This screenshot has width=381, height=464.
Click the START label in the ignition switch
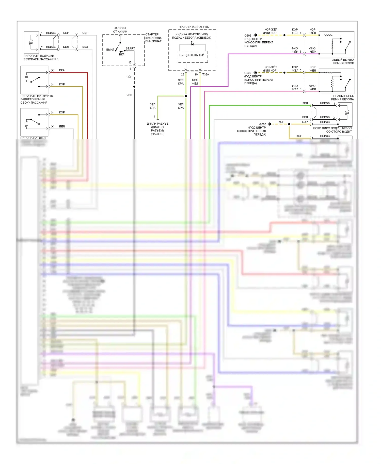pyautogui.click(x=130, y=48)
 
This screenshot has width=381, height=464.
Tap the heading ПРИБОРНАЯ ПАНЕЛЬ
pyautogui.click(x=194, y=27)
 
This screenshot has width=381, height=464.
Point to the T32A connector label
pyautogui.click(x=205, y=75)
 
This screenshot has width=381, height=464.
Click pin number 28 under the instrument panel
pyautogui.click(x=183, y=75)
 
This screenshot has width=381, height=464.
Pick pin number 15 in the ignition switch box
pyautogui.click(x=130, y=62)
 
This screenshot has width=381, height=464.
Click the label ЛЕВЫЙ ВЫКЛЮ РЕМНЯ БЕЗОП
pyautogui.click(x=343, y=62)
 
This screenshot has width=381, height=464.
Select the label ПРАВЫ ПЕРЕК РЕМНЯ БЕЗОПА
pyautogui.click(x=342, y=98)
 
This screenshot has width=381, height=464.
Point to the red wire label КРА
pyautogui.click(x=62, y=70)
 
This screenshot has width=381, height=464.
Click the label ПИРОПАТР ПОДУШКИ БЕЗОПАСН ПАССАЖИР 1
pyautogui.click(x=41, y=58)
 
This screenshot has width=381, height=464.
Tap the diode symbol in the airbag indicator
pyautogui.click(x=192, y=44)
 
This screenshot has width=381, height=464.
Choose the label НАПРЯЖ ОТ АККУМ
pyautogui.click(x=120, y=30)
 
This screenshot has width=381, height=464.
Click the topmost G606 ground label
pyautogui.click(x=248, y=36)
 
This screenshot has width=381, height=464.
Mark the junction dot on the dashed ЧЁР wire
pyautogui.click(x=134, y=87)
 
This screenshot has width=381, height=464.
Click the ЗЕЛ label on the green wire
pyautogui.click(x=305, y=104)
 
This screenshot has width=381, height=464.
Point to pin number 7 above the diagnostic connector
pyautogui.click(x=154, y=117)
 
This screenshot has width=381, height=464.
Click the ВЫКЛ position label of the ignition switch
pyautogui.click(x=110, y=50)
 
